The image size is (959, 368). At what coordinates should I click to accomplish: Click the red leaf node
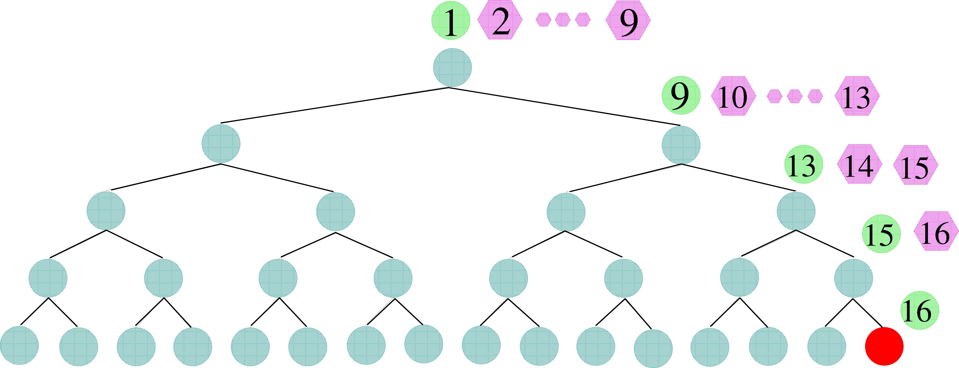[884, 346]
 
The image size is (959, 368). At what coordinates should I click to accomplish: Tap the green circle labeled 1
[450, 21]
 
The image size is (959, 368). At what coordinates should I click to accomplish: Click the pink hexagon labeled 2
[500, 21]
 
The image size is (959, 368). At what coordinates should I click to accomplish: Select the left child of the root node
[221, 143]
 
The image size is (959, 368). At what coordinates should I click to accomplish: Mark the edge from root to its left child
[335, 105]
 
